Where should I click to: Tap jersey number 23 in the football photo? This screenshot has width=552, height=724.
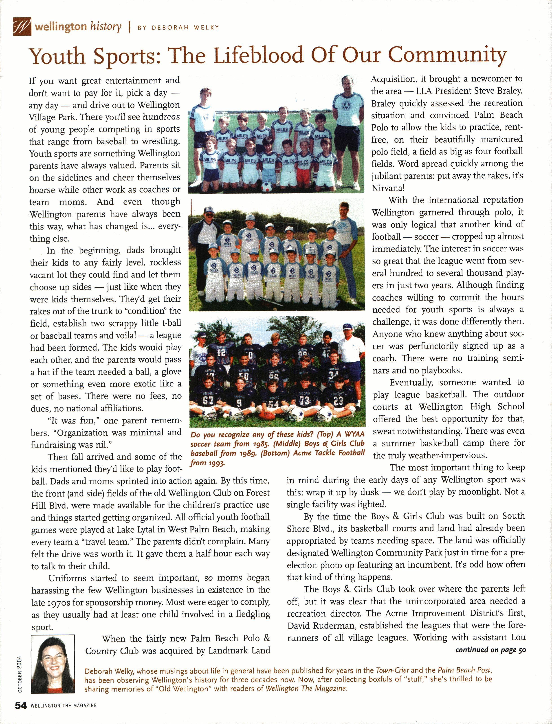pyautogui.click(x=339, y=400)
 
